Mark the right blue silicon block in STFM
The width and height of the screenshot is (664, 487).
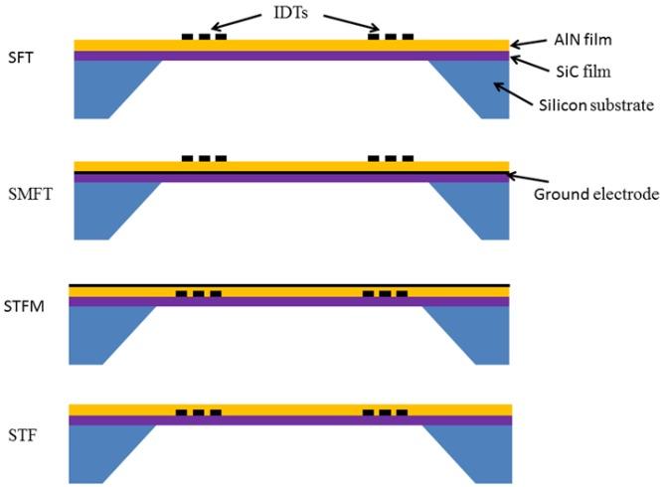(472, 332)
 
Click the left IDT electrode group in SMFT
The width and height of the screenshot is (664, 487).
(205, 158)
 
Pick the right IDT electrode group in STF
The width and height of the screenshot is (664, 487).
(385, 411)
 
